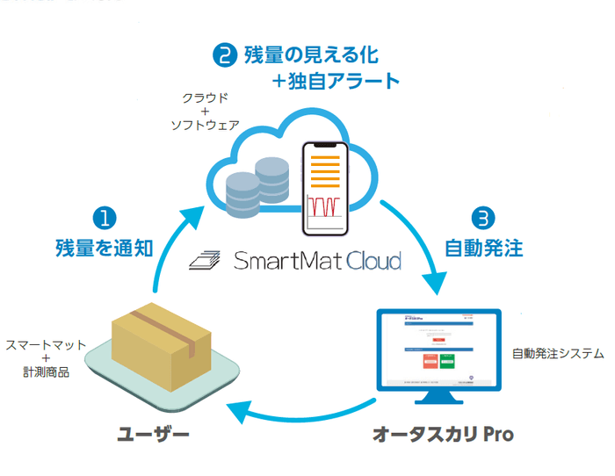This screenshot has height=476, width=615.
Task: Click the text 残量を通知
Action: click(104, 248)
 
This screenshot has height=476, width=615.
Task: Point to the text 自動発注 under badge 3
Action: click(484, 248)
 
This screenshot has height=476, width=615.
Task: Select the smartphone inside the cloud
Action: click(326, 188)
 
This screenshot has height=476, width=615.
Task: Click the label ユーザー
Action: click(155, 434)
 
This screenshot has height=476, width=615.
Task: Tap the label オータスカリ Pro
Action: click(443, 434)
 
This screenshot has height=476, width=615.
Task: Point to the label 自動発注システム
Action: click(559, 354)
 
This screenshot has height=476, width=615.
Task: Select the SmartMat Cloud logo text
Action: click(317, 261)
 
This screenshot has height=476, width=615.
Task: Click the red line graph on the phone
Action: click(325, 206)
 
